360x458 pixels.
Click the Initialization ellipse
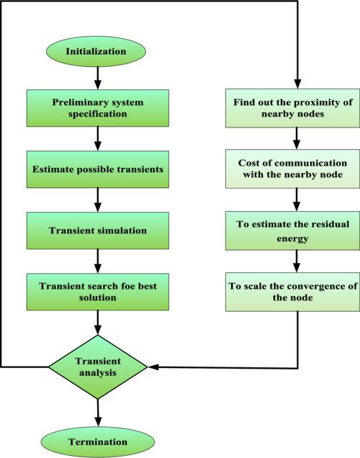point(96,51)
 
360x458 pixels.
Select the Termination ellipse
point(97,442)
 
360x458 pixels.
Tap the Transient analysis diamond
point(98,367)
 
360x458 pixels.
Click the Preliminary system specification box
point(98,108)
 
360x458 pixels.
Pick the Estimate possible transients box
point(98,169)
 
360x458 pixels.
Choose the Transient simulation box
point(98,230)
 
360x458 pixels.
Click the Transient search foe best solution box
point(98,292)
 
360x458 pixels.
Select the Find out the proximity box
point(292,108)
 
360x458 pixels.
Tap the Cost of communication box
point(292,169)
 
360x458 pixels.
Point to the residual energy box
point(292,230)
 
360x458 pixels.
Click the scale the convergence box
point(292,292)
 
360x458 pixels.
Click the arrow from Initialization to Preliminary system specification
point(98,78)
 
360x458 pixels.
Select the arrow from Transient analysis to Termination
point(98,413)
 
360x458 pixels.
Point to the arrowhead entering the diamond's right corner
point(153,367)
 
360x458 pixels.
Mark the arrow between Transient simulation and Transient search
point(98,261)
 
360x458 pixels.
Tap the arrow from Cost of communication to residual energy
point(297,199)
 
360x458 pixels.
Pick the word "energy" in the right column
point(292,239)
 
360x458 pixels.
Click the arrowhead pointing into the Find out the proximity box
point(297,84)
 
